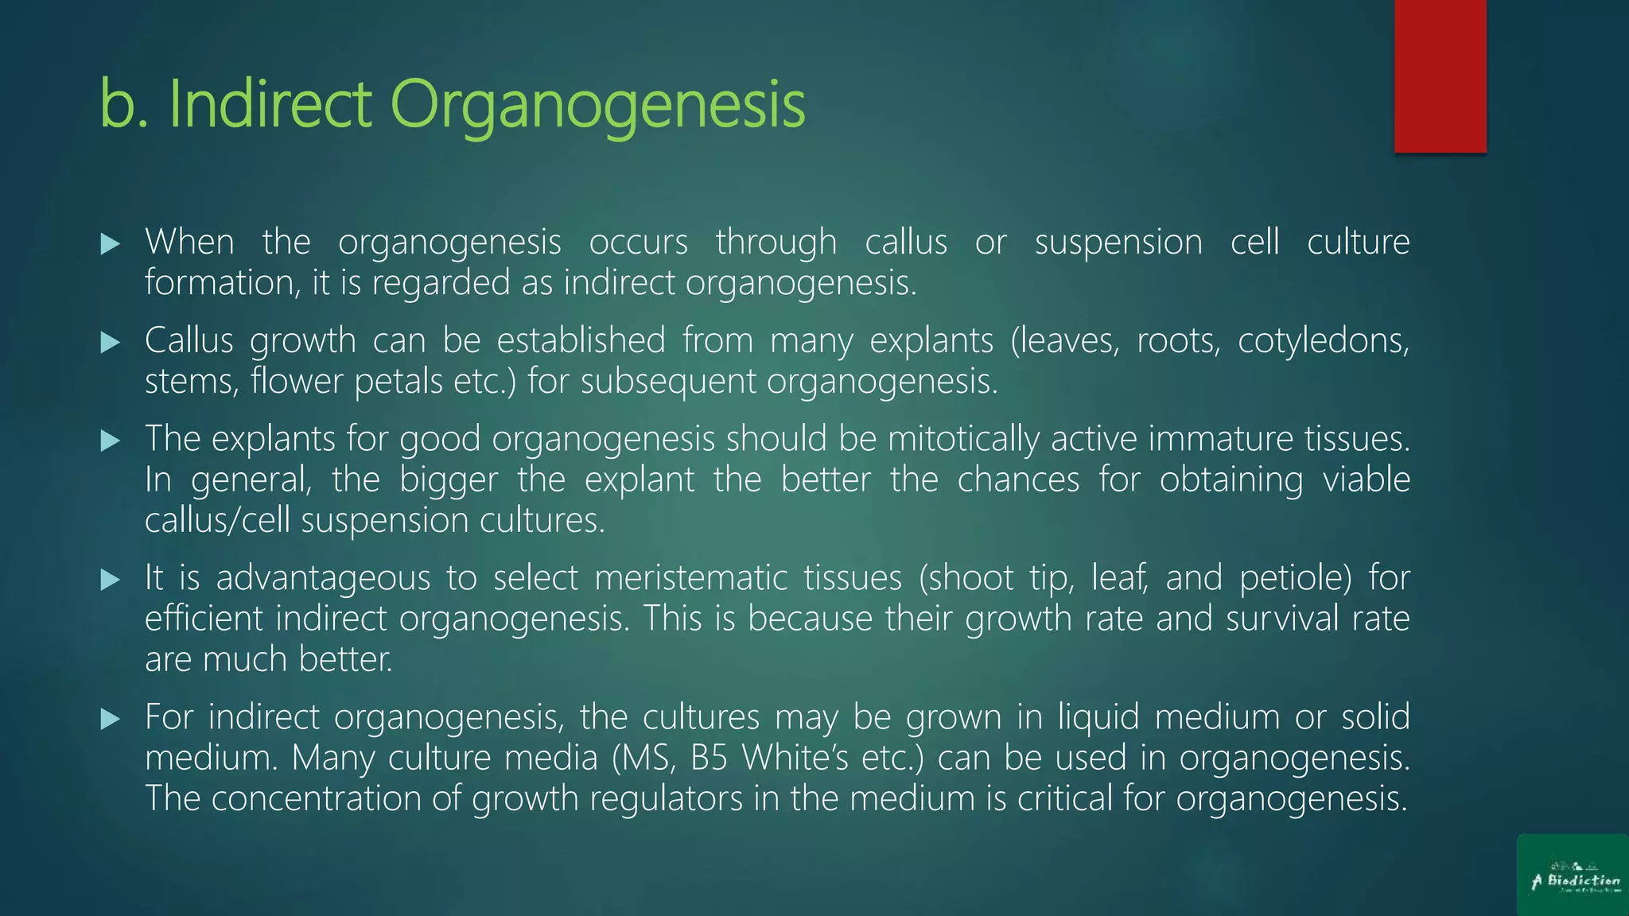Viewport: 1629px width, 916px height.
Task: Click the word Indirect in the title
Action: [270, 104]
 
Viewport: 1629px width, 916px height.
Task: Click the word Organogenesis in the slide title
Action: [597, 106]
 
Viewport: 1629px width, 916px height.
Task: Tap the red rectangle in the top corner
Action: [1440, 76]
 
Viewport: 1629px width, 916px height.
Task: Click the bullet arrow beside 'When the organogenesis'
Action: [111, 244]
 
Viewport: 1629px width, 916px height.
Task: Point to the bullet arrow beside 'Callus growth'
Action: [111, 343]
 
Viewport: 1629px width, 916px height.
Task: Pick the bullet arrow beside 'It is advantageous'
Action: [111, 580]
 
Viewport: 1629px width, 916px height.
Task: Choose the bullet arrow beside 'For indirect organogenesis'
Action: [111, 720]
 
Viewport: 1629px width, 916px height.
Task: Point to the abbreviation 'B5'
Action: [710, 758]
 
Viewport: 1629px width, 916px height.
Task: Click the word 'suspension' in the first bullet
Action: [1118, 243]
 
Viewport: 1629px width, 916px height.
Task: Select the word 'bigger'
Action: [449, 480]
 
